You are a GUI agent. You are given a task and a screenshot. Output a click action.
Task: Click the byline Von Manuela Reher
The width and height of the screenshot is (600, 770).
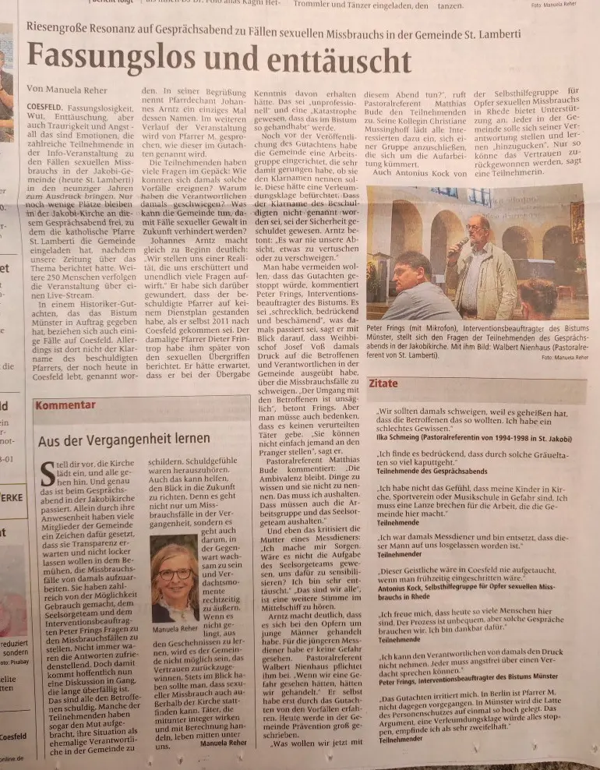tap(67, 89)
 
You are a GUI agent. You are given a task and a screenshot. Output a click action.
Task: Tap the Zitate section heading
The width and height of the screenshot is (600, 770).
tap(384, 384)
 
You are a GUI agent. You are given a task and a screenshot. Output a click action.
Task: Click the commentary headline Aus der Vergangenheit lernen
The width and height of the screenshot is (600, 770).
tap(125, 440)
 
